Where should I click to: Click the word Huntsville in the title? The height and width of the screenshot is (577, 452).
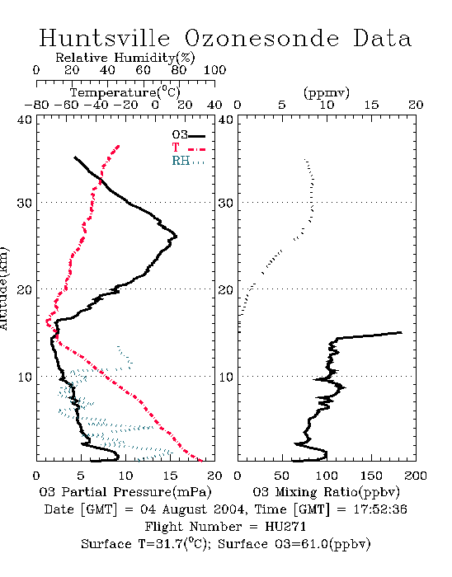tap(105, 38)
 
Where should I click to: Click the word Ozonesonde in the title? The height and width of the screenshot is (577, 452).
tap(261, 38)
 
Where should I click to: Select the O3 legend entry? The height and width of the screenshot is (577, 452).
tap(188, 135)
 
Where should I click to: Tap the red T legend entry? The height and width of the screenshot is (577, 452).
tap(188, 148)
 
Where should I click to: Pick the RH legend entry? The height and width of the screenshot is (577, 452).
tap(188, 161)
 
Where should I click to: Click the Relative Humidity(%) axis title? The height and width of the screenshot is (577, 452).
tap(125, 58)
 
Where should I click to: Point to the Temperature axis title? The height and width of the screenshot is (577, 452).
tap(125, 92)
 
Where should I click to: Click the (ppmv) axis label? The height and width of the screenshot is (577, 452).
tap(327, 92)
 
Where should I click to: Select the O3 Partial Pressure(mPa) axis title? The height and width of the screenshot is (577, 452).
tap(125, 492)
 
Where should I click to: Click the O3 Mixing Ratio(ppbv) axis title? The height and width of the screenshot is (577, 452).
tap(327, 492)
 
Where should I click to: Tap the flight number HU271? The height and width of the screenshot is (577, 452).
tap(285, 527)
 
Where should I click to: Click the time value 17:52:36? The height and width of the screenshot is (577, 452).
tap(380, 509)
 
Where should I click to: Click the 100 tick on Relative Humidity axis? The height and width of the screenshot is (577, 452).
tap(214, 70)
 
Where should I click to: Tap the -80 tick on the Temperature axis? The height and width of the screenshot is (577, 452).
tap(36, 105)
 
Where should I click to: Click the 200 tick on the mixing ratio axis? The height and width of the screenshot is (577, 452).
tap(416, 476)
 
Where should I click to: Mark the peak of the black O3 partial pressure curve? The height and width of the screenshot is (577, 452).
tap(177, 237)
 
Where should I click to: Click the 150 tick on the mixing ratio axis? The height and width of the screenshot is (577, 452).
tap(371, 476)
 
